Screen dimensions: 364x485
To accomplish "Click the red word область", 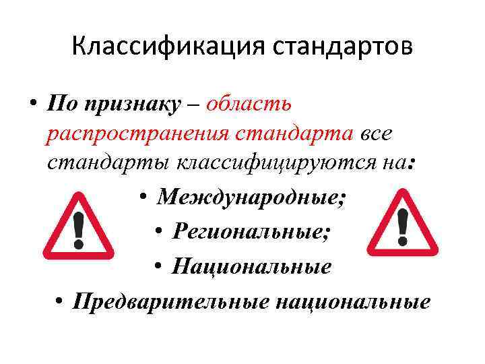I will point(249,104).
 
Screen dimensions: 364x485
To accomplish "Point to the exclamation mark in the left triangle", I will point(79,229).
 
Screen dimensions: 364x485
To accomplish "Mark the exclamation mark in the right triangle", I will point(402,226).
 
